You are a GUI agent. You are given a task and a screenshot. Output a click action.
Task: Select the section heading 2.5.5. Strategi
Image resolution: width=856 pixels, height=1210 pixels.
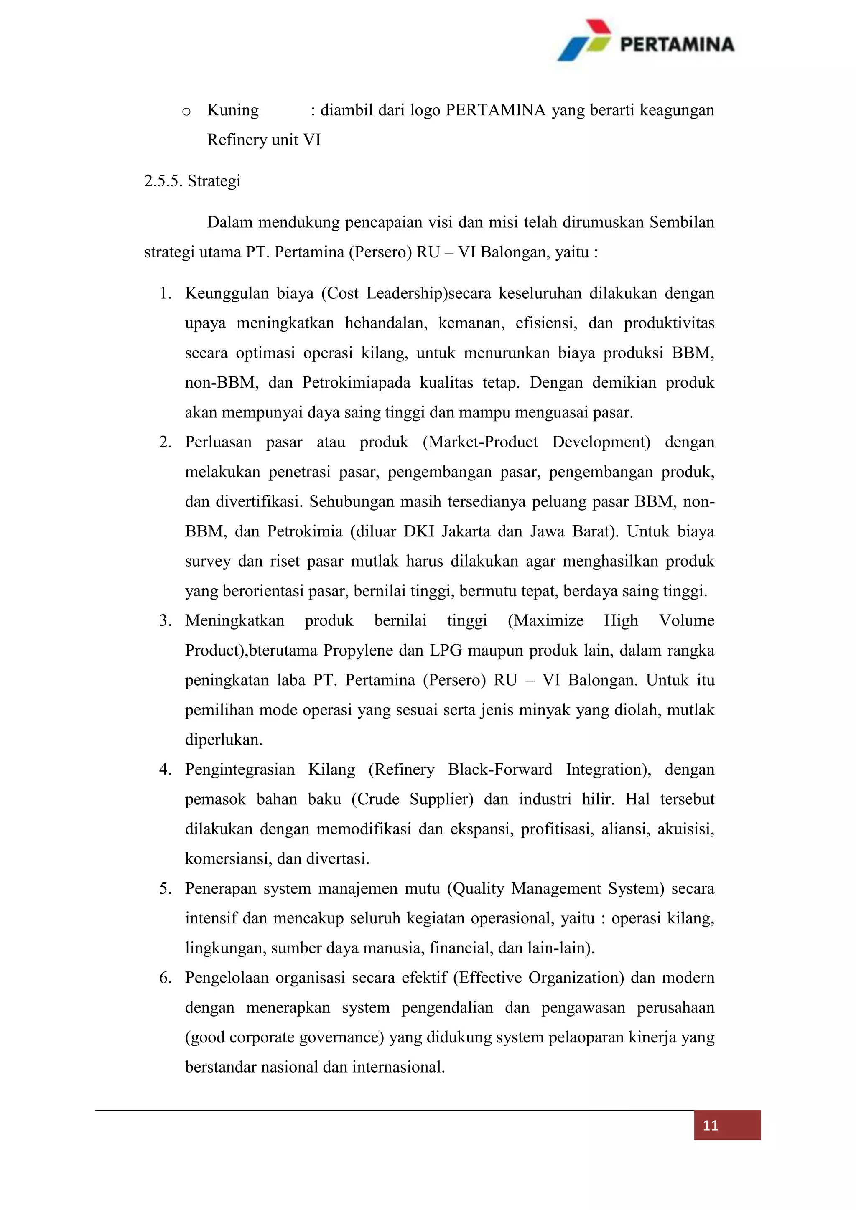coord(192,181)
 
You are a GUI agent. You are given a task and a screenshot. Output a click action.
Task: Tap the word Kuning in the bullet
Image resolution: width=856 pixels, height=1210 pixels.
coord(232,110)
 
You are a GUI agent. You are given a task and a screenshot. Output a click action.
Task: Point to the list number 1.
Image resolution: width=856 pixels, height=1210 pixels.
coord(166,294)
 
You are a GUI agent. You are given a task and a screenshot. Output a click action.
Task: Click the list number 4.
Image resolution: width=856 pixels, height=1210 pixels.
coord(166,770)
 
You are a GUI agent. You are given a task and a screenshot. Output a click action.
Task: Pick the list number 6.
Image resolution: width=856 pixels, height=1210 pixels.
coord(166,978)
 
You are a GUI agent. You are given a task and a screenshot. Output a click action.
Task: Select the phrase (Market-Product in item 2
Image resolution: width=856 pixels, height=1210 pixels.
coord(480,442)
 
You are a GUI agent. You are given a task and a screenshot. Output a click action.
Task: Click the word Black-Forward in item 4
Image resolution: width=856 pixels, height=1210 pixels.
coord(500,770)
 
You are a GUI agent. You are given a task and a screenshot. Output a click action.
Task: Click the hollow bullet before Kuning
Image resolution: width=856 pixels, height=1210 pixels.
coord(186,112)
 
